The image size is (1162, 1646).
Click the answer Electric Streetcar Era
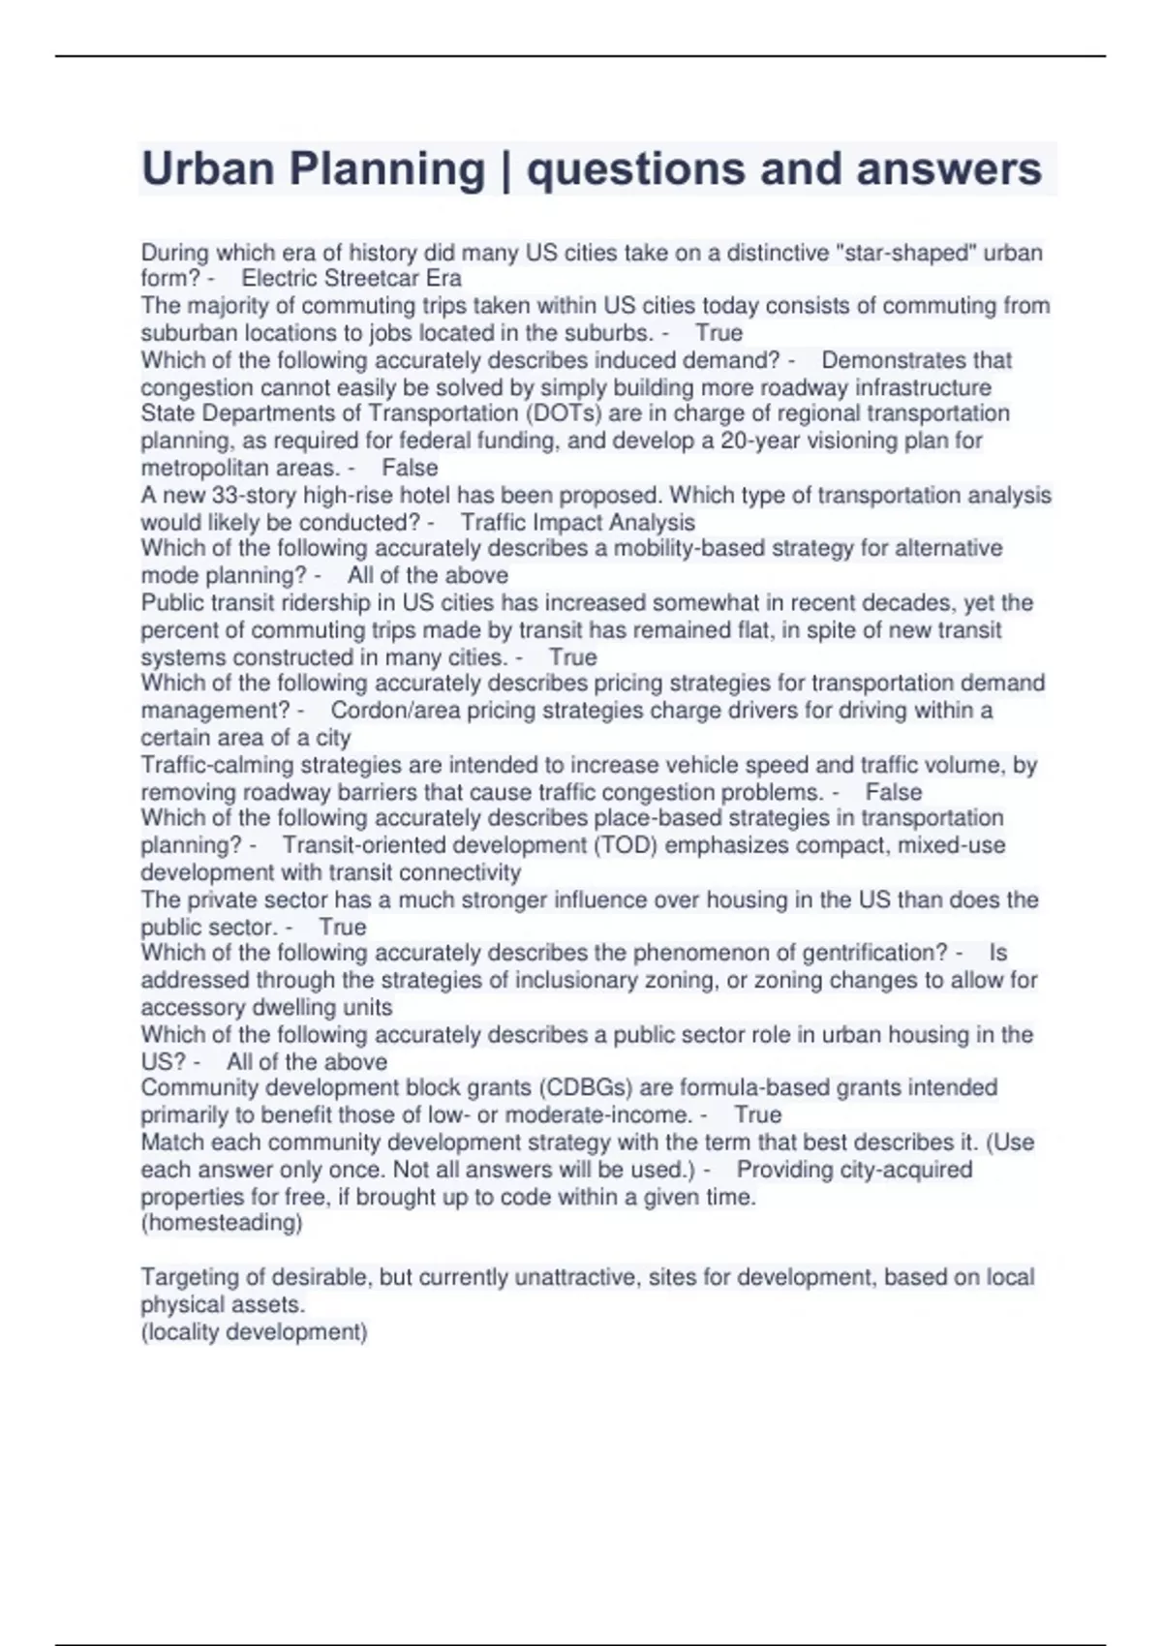(352, 279)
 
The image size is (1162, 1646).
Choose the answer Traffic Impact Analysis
(578, 523)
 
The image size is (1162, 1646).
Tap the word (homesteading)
(222, 1223)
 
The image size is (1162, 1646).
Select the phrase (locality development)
(255, 1332)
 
